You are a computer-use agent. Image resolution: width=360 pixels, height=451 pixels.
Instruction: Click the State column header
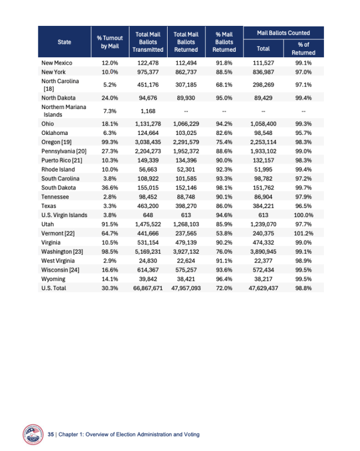(64, 41)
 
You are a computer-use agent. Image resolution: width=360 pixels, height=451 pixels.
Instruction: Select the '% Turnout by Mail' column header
(106, 41)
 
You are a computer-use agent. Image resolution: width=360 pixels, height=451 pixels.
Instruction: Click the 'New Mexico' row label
(57, 62)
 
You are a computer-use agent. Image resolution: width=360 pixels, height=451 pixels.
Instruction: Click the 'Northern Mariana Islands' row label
(64, 111)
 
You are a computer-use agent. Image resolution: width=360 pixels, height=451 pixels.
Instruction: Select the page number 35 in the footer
(51, 435)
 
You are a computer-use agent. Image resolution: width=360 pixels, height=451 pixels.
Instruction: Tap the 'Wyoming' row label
(53, 279)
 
